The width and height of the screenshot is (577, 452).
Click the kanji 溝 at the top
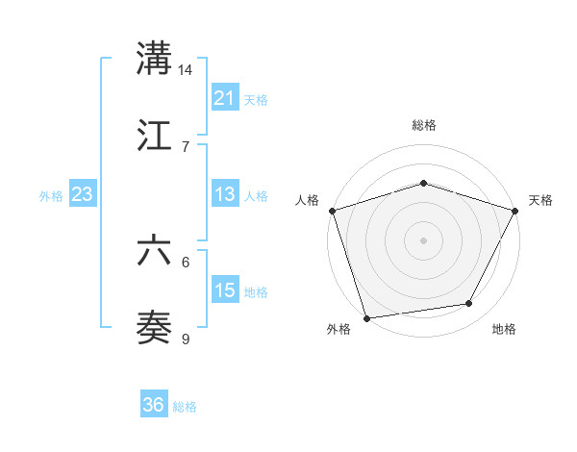(155, 60)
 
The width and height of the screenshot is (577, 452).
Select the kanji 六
(155, 251)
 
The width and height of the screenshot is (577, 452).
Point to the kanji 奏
(155, 327)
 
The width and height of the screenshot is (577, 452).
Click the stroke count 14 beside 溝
(186, 70)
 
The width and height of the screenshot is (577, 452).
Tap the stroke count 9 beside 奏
(186, 338)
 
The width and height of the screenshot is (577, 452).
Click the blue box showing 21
(225, 98)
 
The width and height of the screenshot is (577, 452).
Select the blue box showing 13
(225, 194)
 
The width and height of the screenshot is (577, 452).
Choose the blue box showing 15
(225, 290)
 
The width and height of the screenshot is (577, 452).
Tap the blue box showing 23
(83, 194)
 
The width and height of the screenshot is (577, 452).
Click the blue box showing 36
(154, 405)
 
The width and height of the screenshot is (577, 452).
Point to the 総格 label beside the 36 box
(185, 407)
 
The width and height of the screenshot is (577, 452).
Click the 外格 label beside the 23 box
(51, 196)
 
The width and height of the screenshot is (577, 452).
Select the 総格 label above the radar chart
(424, 125)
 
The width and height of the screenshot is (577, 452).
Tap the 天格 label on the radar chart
(540, 200)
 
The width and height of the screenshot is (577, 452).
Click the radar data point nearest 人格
(332, 210)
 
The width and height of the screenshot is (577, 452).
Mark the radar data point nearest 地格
(469, 303)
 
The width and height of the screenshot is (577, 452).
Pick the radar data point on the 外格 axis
(366, 317)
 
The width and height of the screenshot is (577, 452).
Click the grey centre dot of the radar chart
(423, 239)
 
